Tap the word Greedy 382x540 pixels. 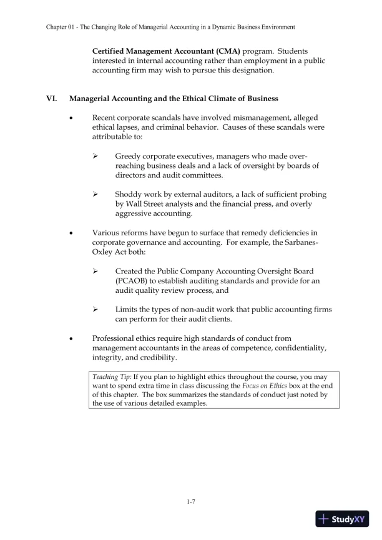[129, 155]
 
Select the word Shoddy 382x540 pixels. [130, 194]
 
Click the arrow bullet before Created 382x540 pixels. [95, 272]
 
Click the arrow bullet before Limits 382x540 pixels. [95, 310]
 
